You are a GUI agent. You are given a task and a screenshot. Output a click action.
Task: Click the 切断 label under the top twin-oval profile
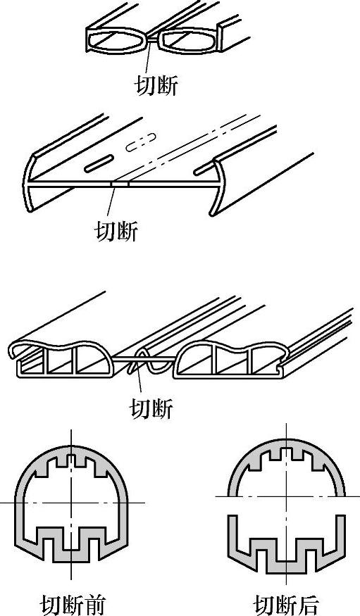click(156, 84)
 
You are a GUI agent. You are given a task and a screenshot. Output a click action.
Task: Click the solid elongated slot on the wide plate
click(99, 163)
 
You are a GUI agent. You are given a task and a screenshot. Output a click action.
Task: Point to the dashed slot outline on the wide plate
click(141, 142)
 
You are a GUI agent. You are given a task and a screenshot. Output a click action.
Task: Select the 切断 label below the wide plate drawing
click(117, 231)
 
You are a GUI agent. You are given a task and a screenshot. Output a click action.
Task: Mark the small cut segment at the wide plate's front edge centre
click(120, 184)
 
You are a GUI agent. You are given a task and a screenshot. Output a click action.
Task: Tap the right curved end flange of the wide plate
click(218, 188)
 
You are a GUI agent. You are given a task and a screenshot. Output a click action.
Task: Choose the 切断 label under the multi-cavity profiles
click(151, 408)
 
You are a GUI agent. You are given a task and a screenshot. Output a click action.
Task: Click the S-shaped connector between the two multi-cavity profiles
click(151, 363)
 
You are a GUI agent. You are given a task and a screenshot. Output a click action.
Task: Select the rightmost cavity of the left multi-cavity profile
click(93, 361)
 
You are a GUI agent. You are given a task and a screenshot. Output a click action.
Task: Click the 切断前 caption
click(73, 605)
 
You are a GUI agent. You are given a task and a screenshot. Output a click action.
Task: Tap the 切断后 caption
click(285, 605)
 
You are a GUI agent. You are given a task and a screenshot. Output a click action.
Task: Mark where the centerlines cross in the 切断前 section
click(71, 503)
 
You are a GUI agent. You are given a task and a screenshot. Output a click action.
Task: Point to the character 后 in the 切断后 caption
click(307, 605)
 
